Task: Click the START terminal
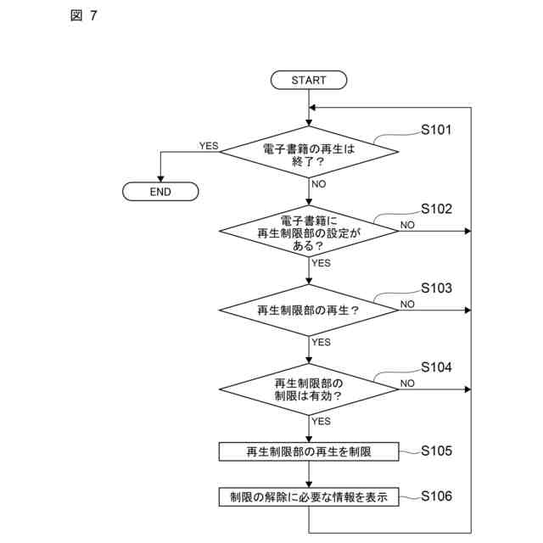[x=309, y=80]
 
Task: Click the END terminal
[x=160, y=192]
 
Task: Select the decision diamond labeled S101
[x=309, y=153]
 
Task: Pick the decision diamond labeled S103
[x=309, y=311]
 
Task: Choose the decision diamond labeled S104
[x=309, y=389]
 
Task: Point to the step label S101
[x=437, y=132]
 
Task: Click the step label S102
[x=437, y=209]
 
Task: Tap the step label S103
[x=437, y=288]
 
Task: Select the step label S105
[x=437, y=451]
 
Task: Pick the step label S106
[x=437, y=495]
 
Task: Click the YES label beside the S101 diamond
[x=209, y=146]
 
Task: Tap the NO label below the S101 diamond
[x=319, y=183]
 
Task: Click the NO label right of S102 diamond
[x=407, y=225]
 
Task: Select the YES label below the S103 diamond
[x=321, y=342]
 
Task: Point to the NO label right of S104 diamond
[x=407, y=383]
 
